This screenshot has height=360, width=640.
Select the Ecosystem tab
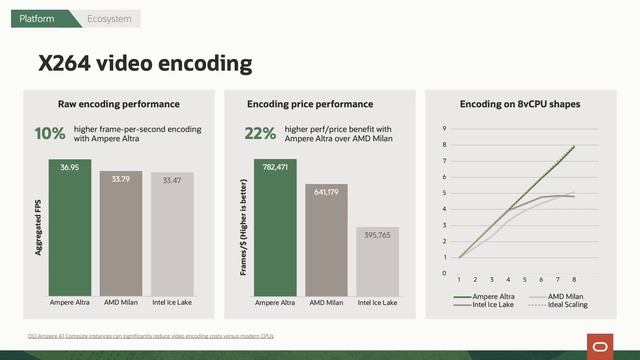click(x=107, y=19)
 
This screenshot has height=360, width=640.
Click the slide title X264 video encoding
click(x=145, y=65)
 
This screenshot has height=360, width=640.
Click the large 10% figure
click(x=50, y=134)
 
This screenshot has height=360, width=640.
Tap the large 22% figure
click(x=260, y=134)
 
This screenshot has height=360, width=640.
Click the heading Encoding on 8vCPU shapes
click(x=520, y=103)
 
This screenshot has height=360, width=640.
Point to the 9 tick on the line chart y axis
click(x=444, y=129)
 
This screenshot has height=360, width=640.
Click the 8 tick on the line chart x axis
click(x=574, y=280)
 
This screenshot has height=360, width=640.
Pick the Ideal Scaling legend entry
click(x=567, y=304)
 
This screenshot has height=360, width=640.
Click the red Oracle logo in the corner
click(x=600, y=345)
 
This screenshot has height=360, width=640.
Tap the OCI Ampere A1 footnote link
click(x=150, y=335)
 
